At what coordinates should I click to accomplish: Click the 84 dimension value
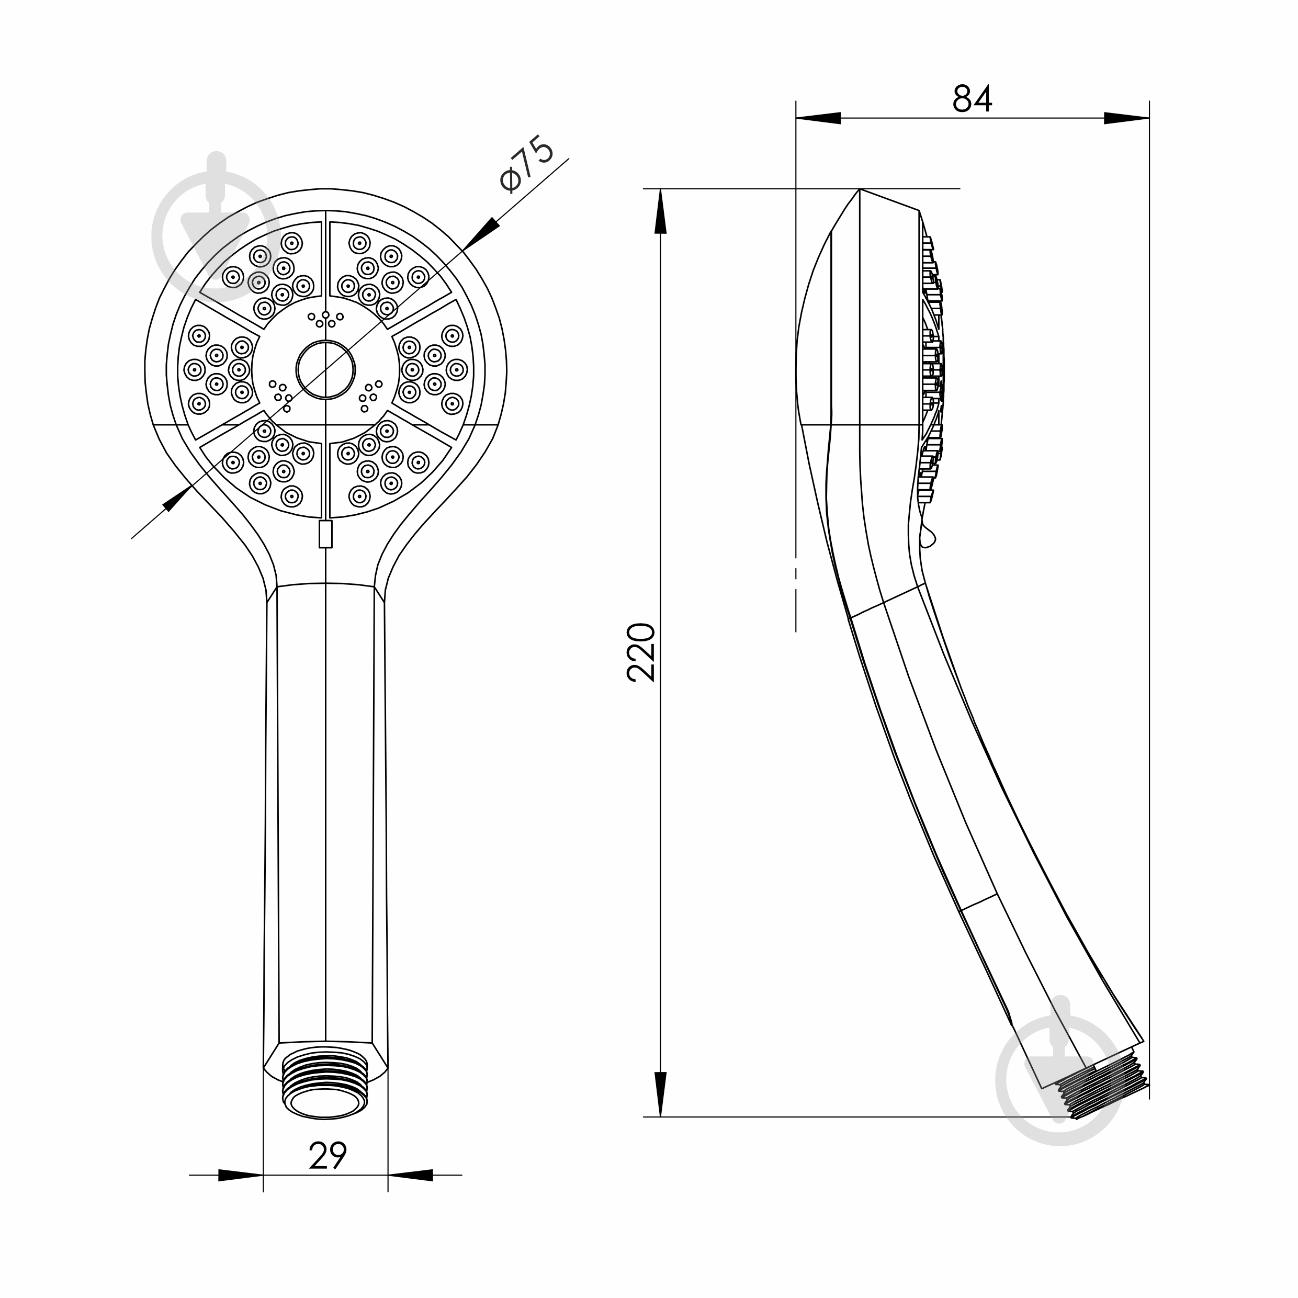[972, 99]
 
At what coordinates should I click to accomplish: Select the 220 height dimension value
[641, 652]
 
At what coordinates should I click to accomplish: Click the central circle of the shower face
[325, 369]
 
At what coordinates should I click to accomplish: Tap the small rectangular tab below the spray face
[325, 534]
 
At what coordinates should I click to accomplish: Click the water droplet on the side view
[927, 535]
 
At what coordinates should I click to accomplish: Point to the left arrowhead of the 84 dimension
[818, 118]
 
